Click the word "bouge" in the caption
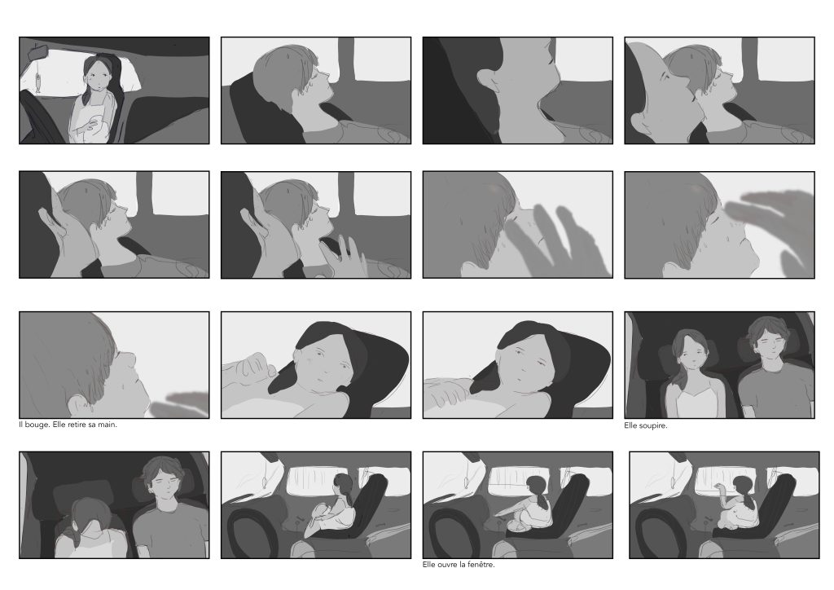[x=37, y=425]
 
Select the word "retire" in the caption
[x=78, y=425]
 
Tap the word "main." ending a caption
[x=108, y=425]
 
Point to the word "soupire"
[x=654, y=425]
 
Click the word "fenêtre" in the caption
[x=481, y=565]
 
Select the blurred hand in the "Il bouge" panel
[x=180, y=404]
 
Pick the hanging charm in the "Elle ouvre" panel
[x=467, y=482]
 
